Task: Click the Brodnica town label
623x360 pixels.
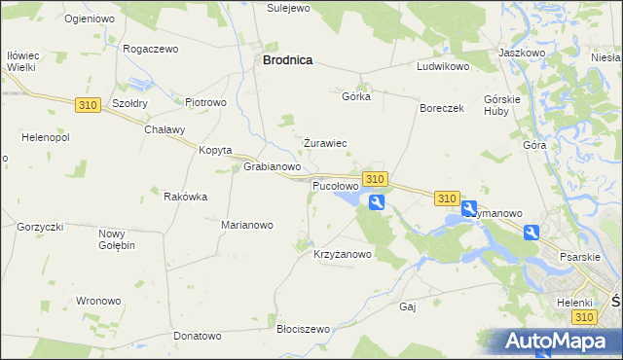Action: click(x=287, y=59)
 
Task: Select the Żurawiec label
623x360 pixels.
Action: click(x=325, y=143)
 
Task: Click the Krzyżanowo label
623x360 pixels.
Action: click(x=343, y=255)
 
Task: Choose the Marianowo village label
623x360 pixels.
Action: click(x=247, y=225)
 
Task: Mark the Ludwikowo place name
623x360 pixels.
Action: click(x=443, y=67)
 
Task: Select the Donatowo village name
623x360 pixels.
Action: click(x=198, y=336)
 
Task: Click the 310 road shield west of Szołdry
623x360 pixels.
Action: click(x=87, y=104)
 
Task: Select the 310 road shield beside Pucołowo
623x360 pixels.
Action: click(x=375, y=179)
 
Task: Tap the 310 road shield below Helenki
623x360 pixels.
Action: click(x=583, y=318)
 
